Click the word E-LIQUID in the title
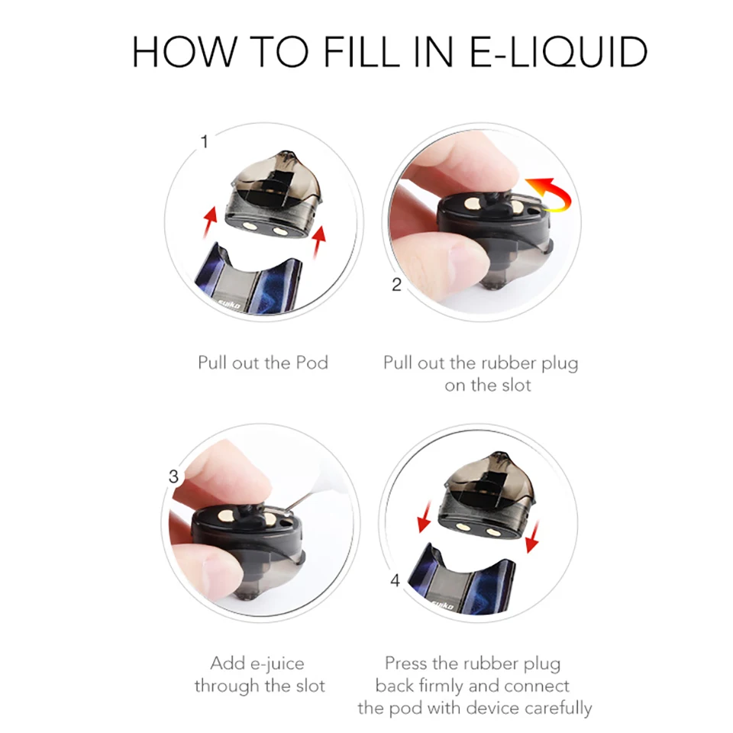[557, 52]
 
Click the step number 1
[205, 142]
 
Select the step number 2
[396, 285]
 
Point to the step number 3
[173, 476]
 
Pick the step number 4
[395, 580]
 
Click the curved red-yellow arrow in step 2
[551, 194]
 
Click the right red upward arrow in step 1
[319, 241]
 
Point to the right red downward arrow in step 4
[532, 537]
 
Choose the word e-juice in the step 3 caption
[277, 664]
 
